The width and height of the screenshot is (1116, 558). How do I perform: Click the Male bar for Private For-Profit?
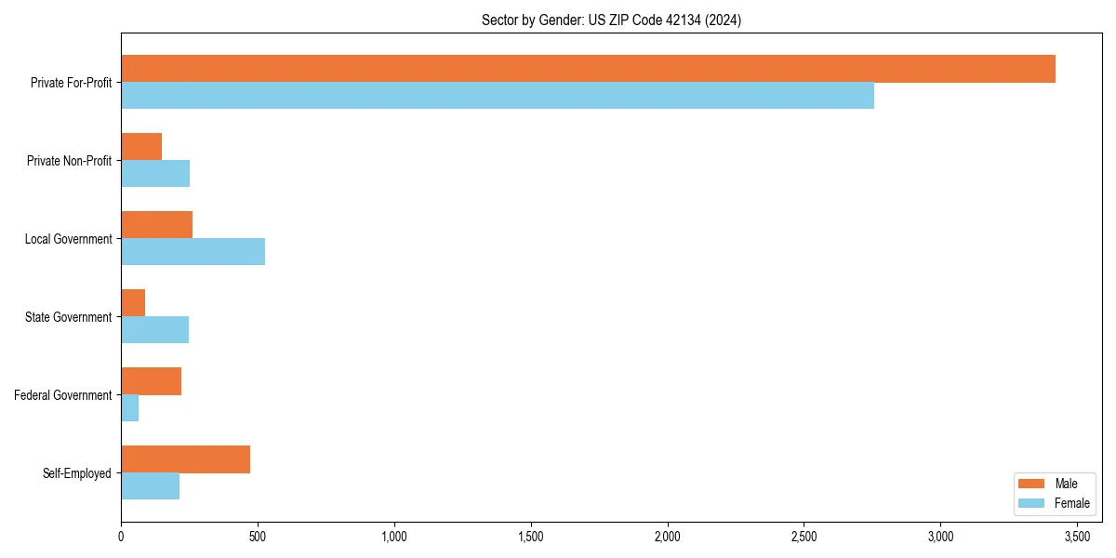coord(588,69)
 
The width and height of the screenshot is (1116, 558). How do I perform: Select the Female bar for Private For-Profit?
coord(498,96)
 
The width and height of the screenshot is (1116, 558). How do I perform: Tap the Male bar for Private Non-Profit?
coord(141,147)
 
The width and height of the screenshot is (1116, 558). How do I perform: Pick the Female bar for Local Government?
coord(193,252)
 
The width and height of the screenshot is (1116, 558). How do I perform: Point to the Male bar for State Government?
coord(133,303)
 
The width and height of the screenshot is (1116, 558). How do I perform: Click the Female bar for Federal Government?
coord(130,408)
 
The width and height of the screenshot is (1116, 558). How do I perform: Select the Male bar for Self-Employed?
coord(185,459)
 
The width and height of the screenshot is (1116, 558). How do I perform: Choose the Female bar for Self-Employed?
coord(150,486)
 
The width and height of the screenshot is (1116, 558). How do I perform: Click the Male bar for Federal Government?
coord(151,381)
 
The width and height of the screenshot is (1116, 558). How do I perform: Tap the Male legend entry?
coord(1054,484)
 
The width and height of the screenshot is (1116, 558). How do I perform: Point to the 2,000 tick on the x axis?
coord(668,537)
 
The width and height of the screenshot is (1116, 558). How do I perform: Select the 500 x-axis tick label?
coord(258,537)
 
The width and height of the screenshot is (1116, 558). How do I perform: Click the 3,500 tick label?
coord(1077,537)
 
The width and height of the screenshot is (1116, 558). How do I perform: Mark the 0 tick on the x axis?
coord(121,537)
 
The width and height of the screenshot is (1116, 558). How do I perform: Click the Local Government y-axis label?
coord(68,239)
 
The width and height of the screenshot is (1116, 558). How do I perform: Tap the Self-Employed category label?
coord(76,473)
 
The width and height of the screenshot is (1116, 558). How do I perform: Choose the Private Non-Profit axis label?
coord(69,161)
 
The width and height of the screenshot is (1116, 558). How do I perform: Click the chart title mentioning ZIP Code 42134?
coord(611,20)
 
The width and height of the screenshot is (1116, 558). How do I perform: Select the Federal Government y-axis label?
coord(62,395)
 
